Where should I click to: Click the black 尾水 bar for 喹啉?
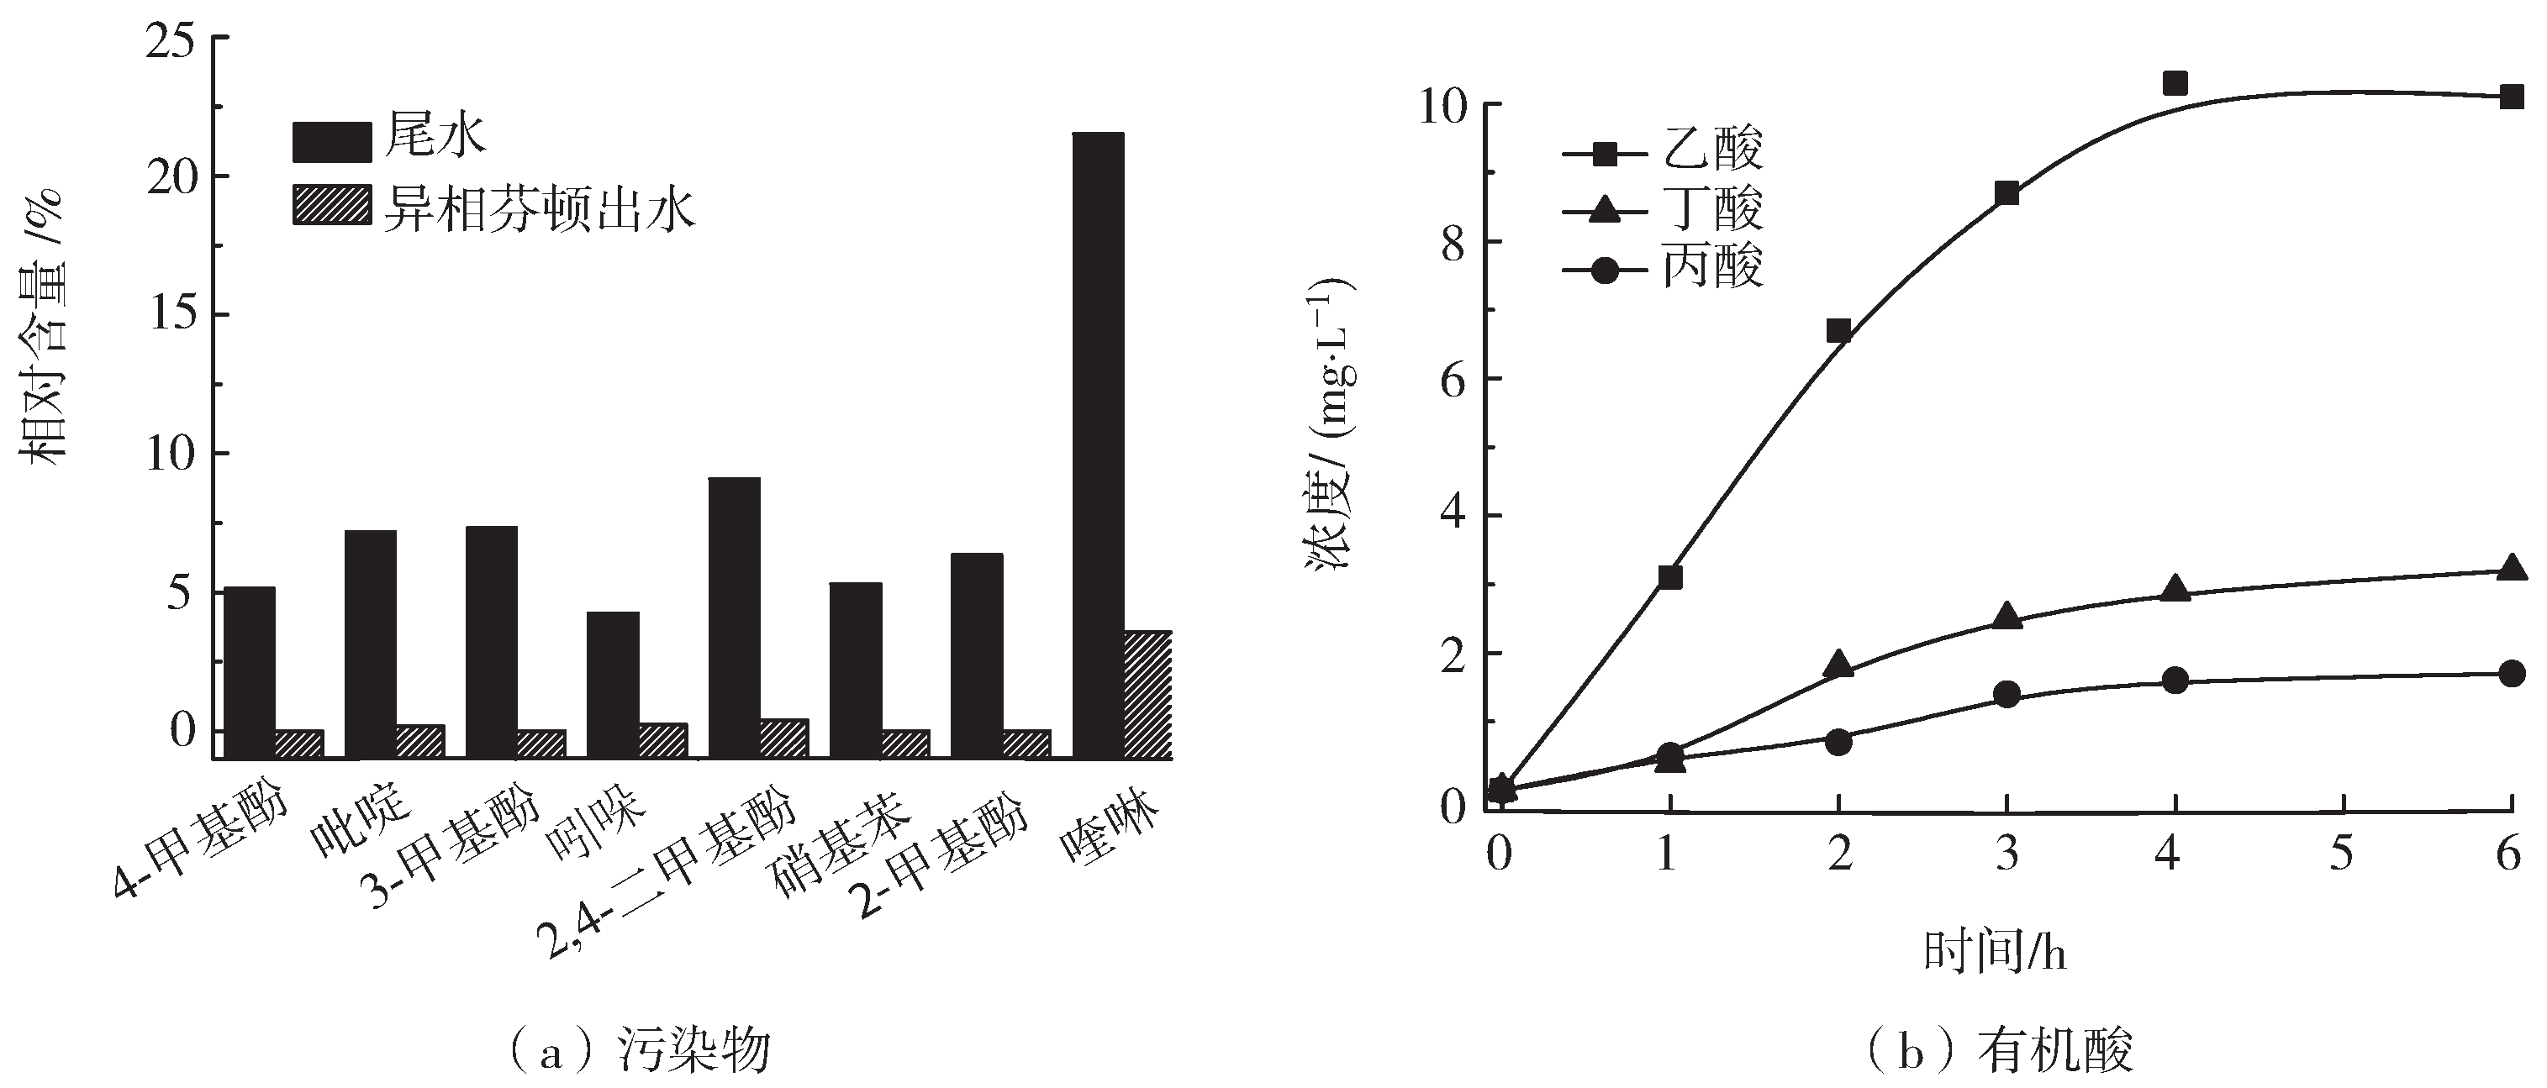[x=1098, y=444]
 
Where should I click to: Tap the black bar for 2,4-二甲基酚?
[x=735, y=618]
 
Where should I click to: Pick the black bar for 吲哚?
[x=613, y=685]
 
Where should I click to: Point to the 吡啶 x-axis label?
[x=362, y=821]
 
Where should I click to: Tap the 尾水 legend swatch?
[x=332, y=141]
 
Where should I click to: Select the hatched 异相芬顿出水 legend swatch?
[x=332, y=206]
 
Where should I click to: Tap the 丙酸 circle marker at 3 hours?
[x=2006, y=694]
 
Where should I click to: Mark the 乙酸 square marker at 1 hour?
[x=1670, y=577]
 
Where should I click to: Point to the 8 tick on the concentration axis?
[x=1453, y=243]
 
